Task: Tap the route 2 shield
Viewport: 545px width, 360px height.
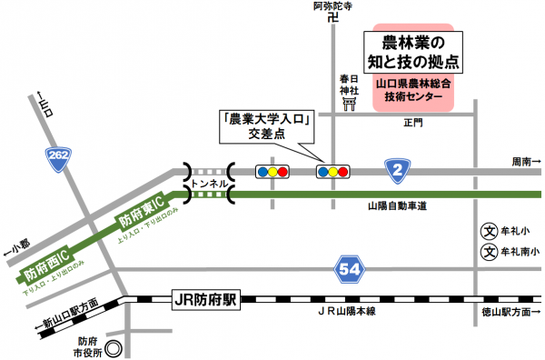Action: pyautogui.click(x=397, y=168)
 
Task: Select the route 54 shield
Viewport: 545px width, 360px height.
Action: pyautogui.click(x=350, y=268)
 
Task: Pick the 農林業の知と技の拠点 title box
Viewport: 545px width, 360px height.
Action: pyautogui.click(x=413, y=53)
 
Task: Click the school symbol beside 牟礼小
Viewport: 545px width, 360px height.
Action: pyautogui.click(x=487, y=230)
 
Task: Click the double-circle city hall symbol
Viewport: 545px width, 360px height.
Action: pyautogui.click(x=114, y=346)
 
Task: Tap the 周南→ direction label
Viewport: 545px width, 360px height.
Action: pyautogui.click(x=525, y=161)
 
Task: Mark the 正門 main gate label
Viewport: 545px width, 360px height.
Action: pyautogui.click(x=414, y=123)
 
